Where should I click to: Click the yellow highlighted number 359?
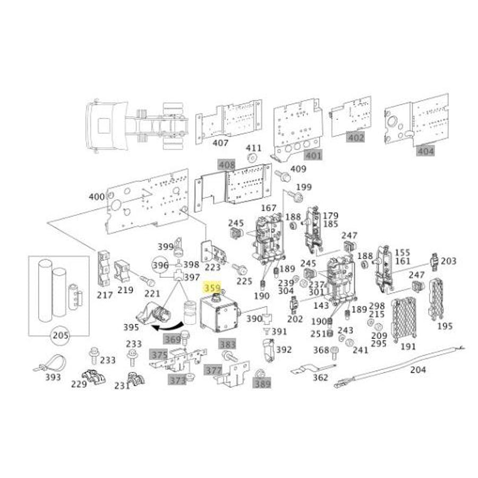[x=212, y=288]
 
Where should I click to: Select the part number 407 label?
[x=220, y=142]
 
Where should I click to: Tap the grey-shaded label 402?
[x=355, y=137]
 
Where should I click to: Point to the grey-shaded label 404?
[x=426, y=151]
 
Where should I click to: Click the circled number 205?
[x=59, y=335]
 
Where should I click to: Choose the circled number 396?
[x=160, y=265]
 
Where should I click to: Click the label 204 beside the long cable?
[x=418, y=370]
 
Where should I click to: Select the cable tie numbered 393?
[x=52, y=364]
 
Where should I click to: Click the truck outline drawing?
[x=136, y=126]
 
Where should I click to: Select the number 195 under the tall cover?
[x=445, y=326]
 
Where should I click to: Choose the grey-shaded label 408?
[x=226, y=165]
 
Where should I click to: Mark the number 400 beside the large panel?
[x=97, y=197]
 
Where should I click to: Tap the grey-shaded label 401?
[x=313, y=156]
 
